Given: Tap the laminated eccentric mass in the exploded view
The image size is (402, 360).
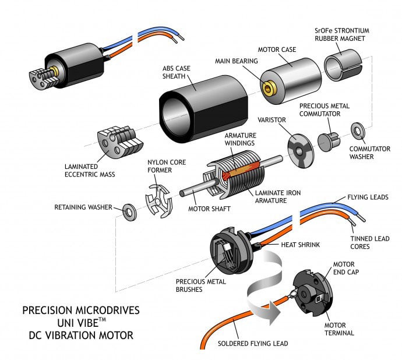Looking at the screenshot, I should point(118,140).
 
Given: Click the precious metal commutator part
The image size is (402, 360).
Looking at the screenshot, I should point(329,141).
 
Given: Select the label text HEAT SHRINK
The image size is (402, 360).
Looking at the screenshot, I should point(300,245).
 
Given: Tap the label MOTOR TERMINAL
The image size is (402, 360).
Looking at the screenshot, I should point(341,330).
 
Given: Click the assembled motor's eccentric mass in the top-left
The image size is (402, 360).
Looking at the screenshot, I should point(40,78).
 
